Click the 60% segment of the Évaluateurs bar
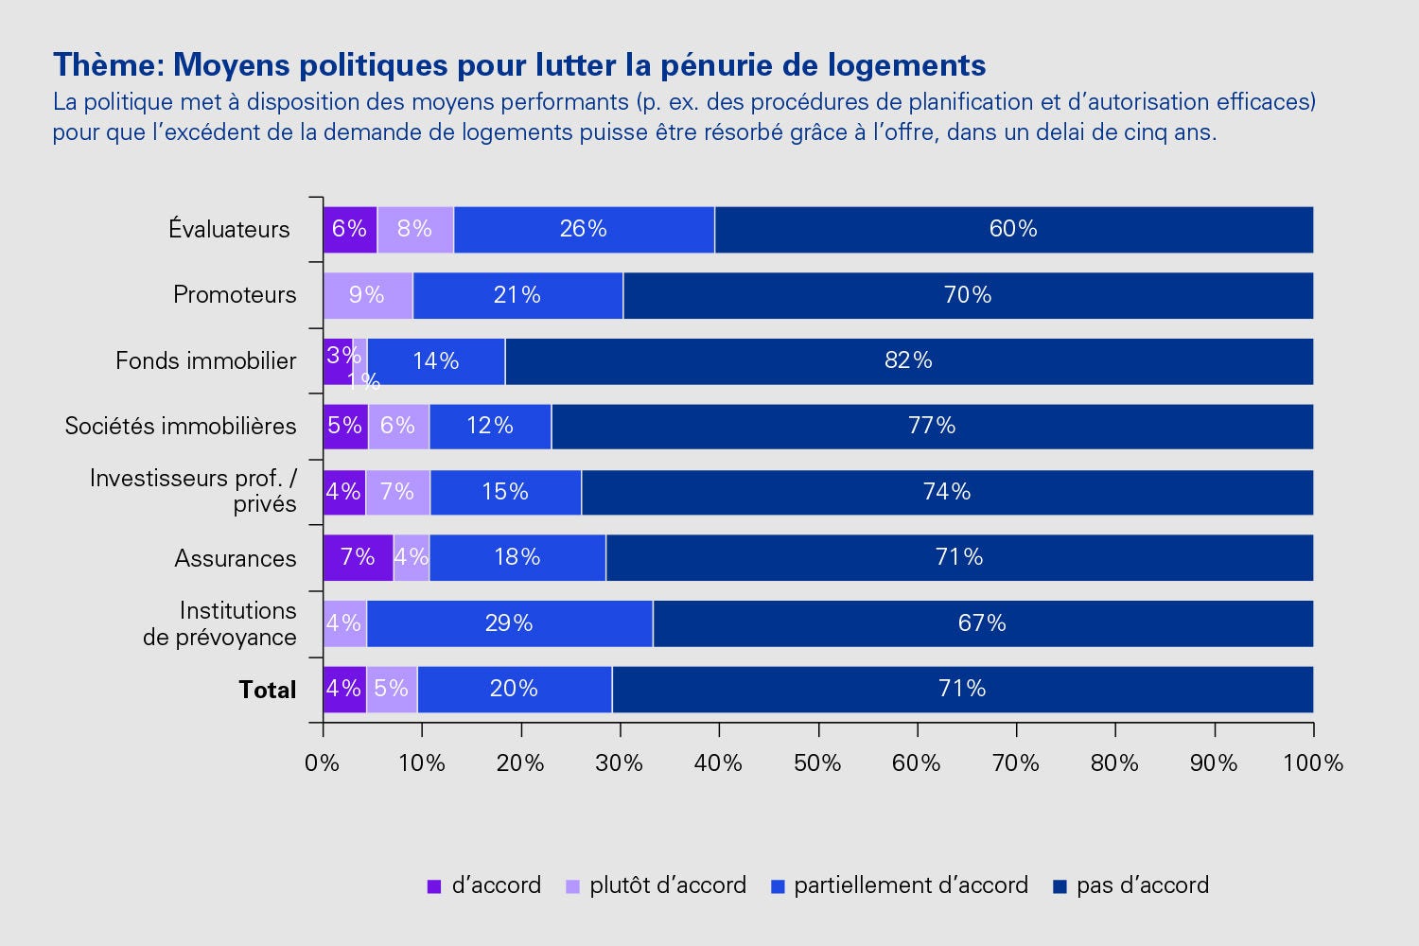tap(1013, 229)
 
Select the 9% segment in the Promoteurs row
tap(367, 295)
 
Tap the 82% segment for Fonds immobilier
tap(908, 360)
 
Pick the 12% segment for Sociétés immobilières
tap(490, 426)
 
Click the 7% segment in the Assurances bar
tap(358, 557)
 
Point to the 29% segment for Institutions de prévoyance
tap(509, 623)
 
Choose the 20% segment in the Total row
tap(514, 689)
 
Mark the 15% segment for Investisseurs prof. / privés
tap(505, 492)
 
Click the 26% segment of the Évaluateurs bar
tap(584, 229)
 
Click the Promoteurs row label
tap(235, 295)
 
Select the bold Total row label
tap(268, 690)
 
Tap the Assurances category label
tap(236, 558)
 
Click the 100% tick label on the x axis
tap(1313, 762)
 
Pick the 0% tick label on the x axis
tap(323, 762)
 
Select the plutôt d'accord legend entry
tap(667, 885)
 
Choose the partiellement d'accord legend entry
tap(910, 885)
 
